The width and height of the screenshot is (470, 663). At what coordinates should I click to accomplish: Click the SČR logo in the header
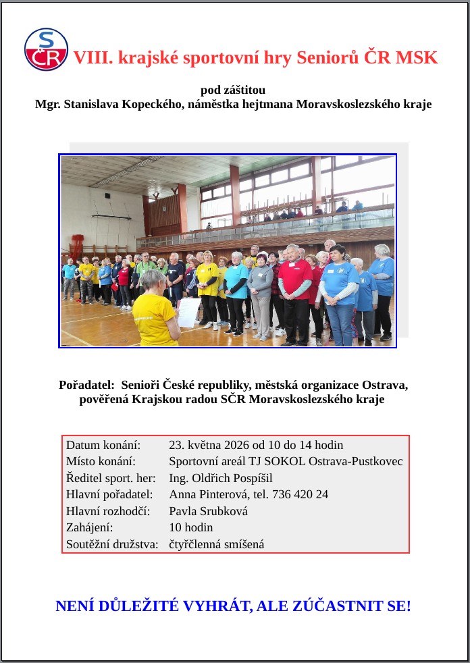click(46, 49)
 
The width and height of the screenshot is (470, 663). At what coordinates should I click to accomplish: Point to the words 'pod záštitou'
click(233, 90)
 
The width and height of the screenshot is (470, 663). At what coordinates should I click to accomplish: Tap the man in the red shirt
click(294, 290)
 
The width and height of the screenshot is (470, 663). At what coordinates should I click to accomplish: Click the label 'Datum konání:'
click(103, 445)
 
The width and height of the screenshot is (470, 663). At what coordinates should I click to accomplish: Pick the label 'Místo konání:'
click(101, 462)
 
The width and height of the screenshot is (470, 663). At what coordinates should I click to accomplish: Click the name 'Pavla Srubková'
click(208, 511)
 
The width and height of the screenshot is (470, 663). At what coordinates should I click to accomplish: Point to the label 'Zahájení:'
click(90, 527)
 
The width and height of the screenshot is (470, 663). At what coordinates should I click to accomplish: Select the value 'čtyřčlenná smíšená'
click(216, 544)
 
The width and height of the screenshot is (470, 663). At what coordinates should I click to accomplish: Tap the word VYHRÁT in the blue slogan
click(215, 606)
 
